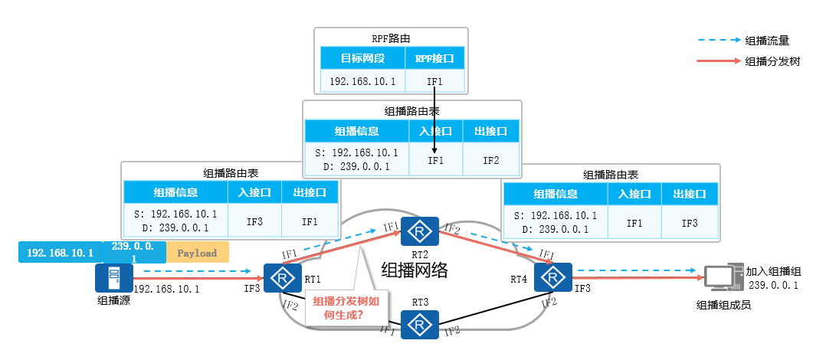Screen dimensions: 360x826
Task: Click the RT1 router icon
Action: pyautogui.click(x=283, y=277)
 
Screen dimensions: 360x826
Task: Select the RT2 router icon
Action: pyautogui.click(x=419, y=231)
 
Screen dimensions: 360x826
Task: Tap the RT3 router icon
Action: pyautogui.click(x=419, y=325)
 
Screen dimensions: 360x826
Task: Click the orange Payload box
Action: pyautogui.click(x=197, y=253)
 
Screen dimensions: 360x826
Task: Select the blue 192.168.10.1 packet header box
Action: pyautogui.click(x=60, y=253)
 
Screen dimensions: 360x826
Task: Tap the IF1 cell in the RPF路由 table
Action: pyautogui.click(x=435, y=80)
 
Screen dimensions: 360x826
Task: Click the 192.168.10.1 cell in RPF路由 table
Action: pyautogui.click(x=362, y=80)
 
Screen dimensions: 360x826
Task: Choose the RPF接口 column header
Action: pyautogui.click(x=435, y=57)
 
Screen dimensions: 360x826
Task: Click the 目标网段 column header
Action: pyautogui.click(x=362, y=57)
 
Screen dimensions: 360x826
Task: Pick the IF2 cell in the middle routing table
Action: pyautogui.click(x=491, y=160)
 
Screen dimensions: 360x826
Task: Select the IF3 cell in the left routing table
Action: pyautogui.click(x=256, y=221)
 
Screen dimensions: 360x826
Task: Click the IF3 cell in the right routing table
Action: pyautogui.click(x=690, y=222)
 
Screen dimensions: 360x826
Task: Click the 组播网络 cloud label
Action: pyautogui.click(x=414, y=269)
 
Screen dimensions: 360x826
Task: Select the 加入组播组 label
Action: pyautogui.click(x=773, y=271)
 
